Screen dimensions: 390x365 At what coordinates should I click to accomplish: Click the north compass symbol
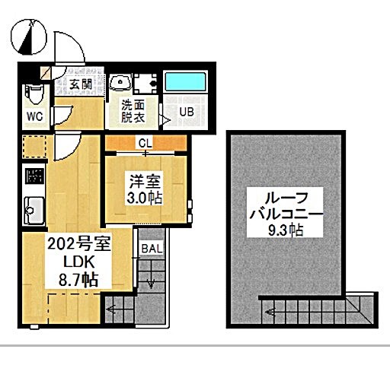[29, 36]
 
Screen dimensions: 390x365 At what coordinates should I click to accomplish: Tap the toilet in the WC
[34, 94]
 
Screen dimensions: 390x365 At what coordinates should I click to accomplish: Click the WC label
[35, 116]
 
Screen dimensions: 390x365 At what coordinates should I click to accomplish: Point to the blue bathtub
[185, 81]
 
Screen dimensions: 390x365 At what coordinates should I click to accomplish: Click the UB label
[187, 112]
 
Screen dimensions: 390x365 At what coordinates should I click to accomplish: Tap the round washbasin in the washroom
[120, 81]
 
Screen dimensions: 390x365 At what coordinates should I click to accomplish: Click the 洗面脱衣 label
[133, 111]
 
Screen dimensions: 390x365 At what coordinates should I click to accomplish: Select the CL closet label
[145, 144]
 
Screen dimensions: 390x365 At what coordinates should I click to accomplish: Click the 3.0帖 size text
[145, 198]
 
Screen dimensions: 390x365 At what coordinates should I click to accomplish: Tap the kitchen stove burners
[34, 176]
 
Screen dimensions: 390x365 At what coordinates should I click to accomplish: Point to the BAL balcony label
[152, 249]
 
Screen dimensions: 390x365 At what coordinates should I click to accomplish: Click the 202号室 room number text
[79, 244]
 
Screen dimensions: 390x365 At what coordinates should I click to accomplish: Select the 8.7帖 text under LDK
[78, 280]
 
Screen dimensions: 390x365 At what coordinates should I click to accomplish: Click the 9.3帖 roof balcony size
[286, 230]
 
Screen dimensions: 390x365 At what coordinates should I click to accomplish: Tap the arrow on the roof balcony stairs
[270, 312]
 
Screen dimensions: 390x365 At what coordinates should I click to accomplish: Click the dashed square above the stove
[34, 147]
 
